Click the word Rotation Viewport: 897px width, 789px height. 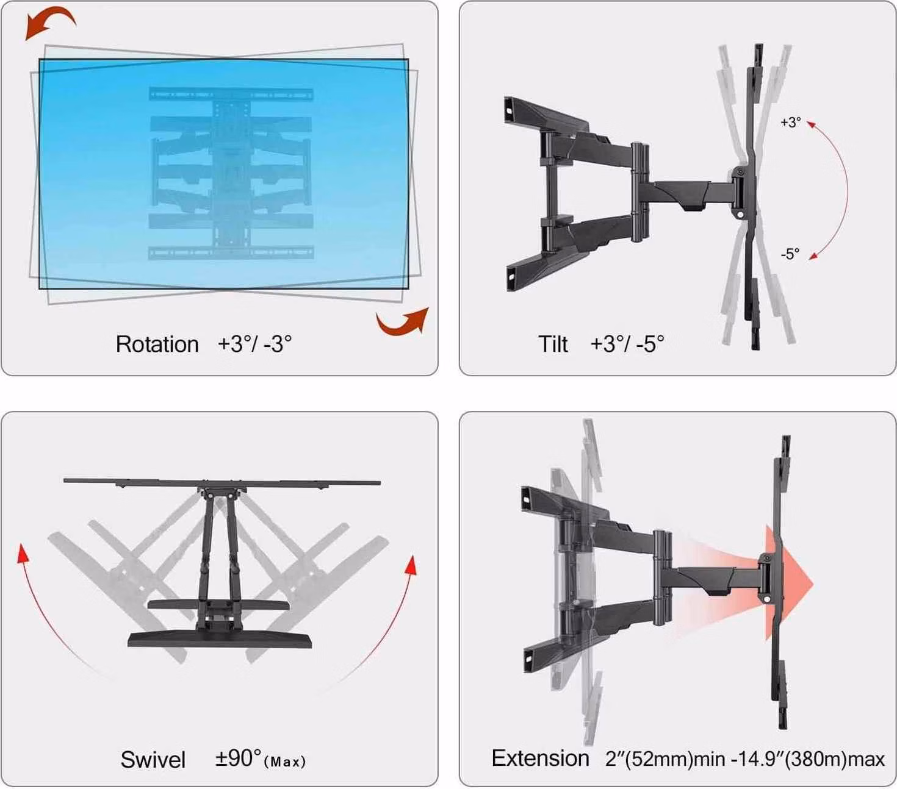157,345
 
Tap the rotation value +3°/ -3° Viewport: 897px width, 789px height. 254,344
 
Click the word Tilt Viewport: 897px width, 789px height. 553,345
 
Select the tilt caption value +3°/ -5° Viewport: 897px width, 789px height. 627,344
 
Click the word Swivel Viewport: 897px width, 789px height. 153,760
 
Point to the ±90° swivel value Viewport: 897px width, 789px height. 238,757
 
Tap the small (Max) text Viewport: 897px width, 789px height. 285,762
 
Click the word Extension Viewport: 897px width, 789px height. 540,758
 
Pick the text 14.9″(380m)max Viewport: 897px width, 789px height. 812,759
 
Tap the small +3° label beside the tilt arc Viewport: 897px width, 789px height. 791,122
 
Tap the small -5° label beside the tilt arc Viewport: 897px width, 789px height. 790,254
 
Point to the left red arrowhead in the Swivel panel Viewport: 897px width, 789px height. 22,554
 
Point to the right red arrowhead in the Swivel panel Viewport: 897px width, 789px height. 412,565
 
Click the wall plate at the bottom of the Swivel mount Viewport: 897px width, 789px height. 220,639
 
